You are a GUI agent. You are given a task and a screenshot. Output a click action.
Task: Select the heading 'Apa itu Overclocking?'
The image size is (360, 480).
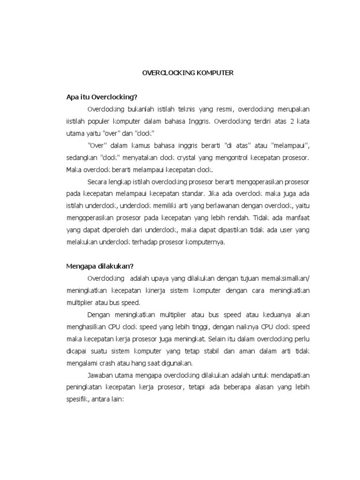click(x=101, y=97)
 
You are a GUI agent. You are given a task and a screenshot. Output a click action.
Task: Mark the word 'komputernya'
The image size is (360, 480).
click(x=206, y=242)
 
